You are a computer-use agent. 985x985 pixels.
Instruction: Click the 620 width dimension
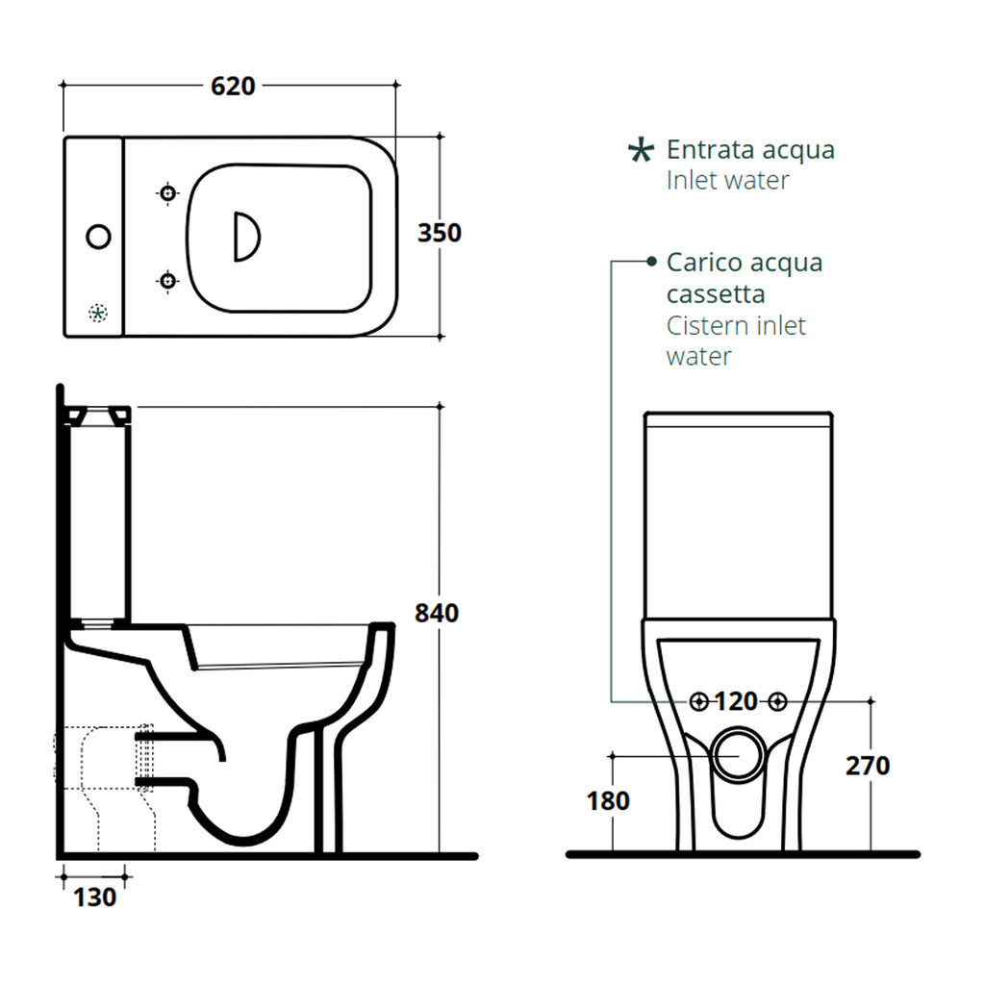233,86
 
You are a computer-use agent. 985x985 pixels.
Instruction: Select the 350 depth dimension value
439,233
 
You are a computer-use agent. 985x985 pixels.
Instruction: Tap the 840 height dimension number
436,612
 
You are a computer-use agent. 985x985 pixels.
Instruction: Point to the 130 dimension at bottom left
95,897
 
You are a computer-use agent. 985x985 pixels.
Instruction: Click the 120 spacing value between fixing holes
737,701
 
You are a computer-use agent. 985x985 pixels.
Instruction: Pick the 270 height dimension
868,766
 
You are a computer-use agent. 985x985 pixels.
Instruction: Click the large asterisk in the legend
639,150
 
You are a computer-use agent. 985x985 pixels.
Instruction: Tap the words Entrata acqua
750,150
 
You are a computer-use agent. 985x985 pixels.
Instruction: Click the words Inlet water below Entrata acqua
727,180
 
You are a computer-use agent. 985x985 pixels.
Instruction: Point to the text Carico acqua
745,263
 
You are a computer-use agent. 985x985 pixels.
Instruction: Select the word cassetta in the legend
716,293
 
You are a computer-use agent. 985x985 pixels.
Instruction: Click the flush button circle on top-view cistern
98,236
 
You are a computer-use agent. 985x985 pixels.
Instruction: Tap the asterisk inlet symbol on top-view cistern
97,312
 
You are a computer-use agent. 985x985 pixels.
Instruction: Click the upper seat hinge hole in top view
168,193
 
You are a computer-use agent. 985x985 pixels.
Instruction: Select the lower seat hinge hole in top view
168,280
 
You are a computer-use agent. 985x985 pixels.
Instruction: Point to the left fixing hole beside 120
700,702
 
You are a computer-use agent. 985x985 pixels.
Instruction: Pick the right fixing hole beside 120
777,702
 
